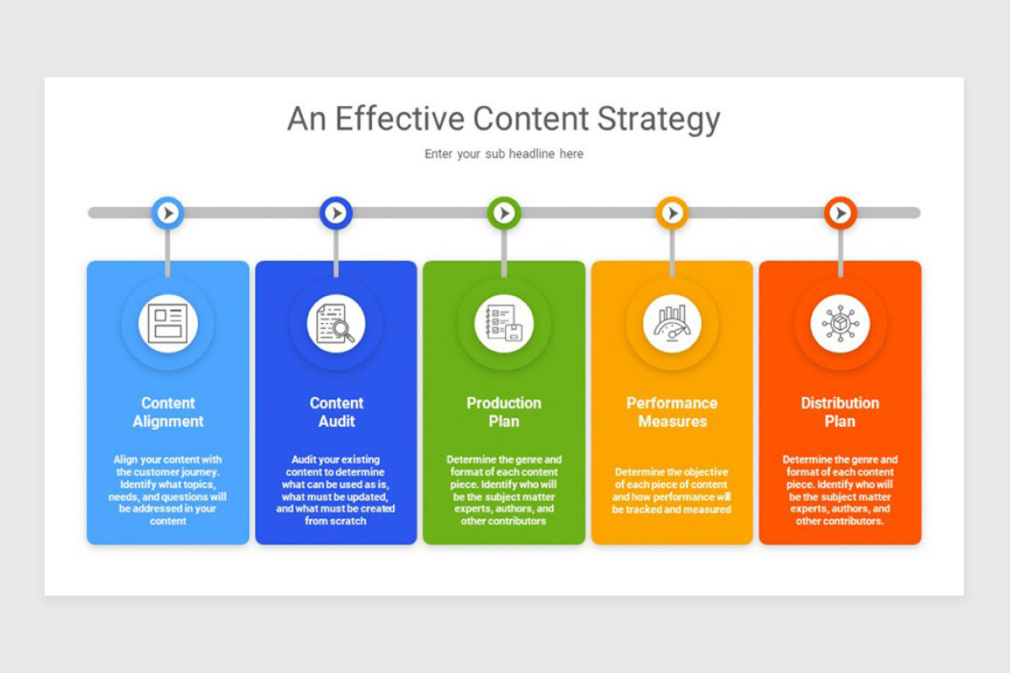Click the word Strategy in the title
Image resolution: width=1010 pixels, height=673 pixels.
[x=658, y=119]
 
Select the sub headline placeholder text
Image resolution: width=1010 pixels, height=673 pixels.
[x=503, y=154]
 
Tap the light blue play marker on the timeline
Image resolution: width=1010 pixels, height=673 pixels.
[x=167, y=213]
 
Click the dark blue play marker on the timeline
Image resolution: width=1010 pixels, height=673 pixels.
[x=336, y=213]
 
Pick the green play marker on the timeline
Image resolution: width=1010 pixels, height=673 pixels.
[x=503, y=213]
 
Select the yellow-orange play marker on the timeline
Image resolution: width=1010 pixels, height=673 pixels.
[x=672, y=213]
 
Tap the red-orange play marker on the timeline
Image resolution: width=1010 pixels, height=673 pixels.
[x=840, y=213]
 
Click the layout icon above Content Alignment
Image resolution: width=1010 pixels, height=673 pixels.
[x=167, y=324]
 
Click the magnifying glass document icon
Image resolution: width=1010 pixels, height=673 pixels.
[x=336, y=324]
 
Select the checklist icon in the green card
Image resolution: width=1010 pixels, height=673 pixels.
[x=503, y=324]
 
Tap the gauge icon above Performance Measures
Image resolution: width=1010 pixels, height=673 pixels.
[x=672, y=324]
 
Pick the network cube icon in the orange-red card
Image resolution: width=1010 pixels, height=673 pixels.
[x=840, y=324]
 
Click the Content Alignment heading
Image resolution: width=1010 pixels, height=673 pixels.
[x=167, y=412]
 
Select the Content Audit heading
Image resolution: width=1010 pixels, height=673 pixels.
[x=336, y=412]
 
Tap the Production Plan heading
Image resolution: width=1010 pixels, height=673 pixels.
[x=503, y=412]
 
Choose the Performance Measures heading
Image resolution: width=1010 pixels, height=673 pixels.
[x=672, y=412]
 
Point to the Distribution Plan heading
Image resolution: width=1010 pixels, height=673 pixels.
[x=840, y=412]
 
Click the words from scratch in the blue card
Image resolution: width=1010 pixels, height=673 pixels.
[x=336, y=521]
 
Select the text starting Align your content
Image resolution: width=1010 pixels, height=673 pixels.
[x=167, y=490]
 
